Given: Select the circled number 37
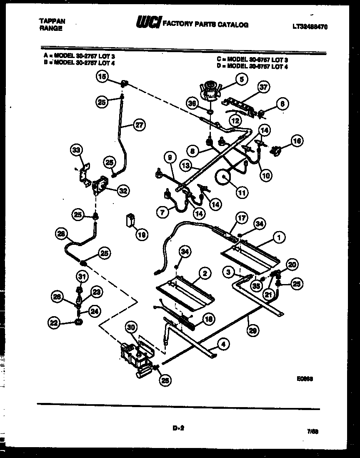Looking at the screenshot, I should click(263, 88).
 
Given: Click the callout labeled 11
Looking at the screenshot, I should click(241, 193).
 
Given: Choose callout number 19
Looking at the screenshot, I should click(142, 235).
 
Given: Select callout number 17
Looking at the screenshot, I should click(242, 217).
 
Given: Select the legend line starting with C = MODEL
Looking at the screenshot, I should click(252, 60).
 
